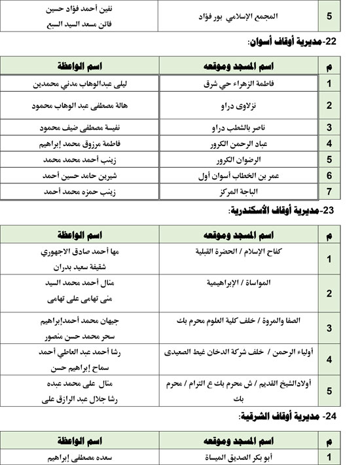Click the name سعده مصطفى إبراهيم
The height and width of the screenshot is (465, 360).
[78, 457]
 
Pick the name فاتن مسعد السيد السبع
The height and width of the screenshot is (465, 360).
[77, 23]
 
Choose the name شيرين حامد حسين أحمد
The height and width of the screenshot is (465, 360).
[78, 176]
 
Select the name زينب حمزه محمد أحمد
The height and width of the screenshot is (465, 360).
[78, 191]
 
